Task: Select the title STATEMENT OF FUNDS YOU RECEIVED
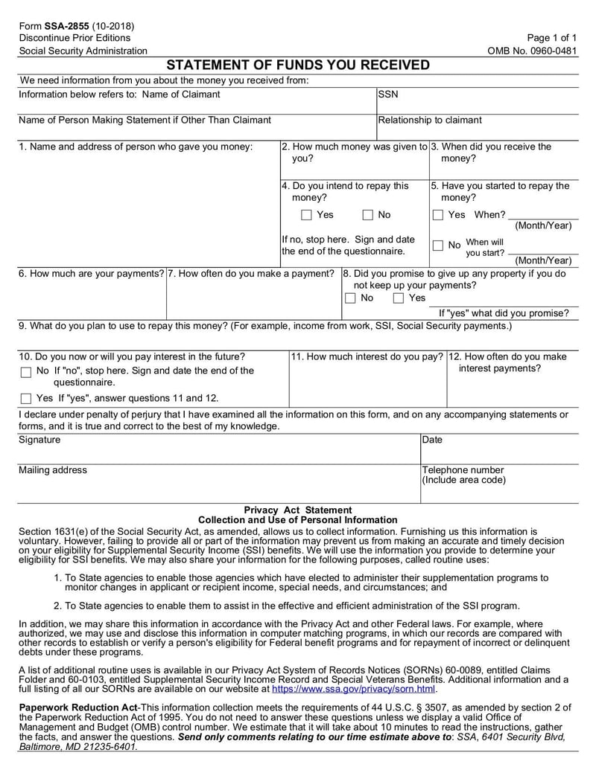297,65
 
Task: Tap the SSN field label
388,94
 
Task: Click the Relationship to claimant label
429,120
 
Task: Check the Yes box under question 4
307,216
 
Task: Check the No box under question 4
368,216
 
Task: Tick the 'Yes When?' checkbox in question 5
438,216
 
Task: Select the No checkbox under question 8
350,298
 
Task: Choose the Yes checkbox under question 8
399,298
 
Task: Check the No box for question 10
26,372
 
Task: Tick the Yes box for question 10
26,399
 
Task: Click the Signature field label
39,440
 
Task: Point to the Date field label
432,440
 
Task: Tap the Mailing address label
52,470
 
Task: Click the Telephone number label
463,470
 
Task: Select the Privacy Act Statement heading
298,510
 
